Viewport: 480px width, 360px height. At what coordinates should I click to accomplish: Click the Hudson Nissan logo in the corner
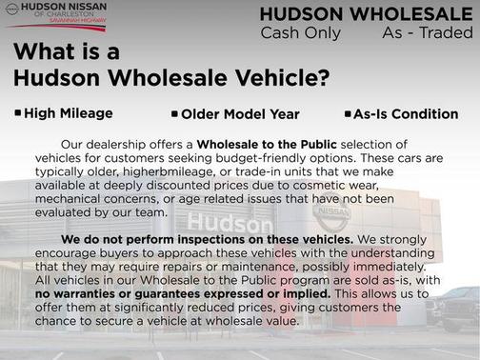pyautogui.click(x=56, y=14)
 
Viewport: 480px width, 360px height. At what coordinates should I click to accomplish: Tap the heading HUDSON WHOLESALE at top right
pyautogui.click(x=365, y=14)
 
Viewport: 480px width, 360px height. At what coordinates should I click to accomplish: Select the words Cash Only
pyautogui.click(x=301, y=34)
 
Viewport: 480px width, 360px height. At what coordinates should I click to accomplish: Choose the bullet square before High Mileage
pyautogui.click(x=17, y=113)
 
